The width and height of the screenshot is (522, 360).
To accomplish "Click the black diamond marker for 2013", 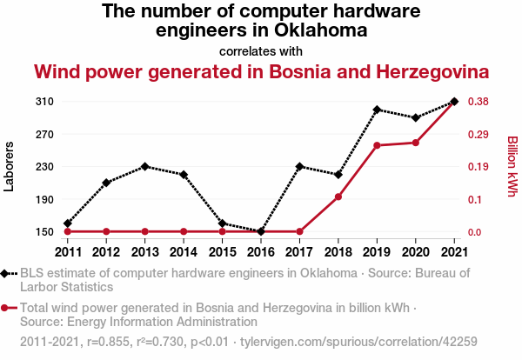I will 144,166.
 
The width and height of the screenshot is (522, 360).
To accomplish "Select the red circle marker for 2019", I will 377,145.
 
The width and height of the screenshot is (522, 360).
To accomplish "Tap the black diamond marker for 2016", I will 260,231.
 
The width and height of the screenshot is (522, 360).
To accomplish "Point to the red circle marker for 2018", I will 338,197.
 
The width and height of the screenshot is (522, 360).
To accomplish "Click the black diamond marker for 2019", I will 377,110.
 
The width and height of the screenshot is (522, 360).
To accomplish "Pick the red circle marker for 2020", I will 415,143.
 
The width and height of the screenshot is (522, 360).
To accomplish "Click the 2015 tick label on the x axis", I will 222,252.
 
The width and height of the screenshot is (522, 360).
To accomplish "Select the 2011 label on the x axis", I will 68,252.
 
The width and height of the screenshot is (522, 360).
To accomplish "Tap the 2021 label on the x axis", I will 453,252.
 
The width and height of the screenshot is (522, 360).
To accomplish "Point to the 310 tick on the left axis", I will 45,102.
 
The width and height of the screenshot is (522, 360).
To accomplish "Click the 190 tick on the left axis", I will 45,199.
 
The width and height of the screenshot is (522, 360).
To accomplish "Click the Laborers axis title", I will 10,166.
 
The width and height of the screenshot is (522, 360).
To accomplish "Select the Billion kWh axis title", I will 512,166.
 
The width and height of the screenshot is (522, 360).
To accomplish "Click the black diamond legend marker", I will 8,273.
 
